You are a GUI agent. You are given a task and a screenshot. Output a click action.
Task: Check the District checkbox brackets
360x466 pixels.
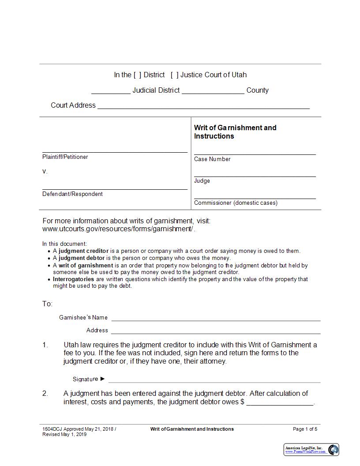click(138, 75)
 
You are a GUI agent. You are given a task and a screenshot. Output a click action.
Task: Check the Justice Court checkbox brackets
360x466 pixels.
click(174, 75)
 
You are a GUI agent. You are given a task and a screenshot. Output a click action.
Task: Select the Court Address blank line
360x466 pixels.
click(203, 106)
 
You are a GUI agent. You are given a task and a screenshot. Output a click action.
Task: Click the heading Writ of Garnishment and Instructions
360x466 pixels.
click(235, 132)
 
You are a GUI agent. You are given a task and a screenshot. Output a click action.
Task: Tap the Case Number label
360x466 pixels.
click(212, 159)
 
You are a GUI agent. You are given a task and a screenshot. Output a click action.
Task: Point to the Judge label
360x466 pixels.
click(202, 181)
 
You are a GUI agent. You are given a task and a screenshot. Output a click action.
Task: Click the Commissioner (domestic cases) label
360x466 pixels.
click(236, 203)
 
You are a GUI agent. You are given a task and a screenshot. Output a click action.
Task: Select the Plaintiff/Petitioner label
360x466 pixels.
click(65, 157)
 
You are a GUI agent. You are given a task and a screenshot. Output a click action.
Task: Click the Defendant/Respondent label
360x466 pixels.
click(72, 194)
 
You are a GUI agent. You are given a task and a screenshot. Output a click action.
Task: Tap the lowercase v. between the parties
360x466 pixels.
click(45, 171)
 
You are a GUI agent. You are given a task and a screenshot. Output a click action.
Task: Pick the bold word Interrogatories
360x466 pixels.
click(73, 279)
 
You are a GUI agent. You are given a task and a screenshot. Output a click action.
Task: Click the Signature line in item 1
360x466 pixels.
click(214, 380)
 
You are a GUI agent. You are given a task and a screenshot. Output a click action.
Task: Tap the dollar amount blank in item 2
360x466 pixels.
click(280, 403)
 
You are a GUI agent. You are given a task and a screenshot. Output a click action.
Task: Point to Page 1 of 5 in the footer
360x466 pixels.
click(305, 429)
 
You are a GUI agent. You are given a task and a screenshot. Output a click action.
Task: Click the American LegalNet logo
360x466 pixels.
click(311, 450)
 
